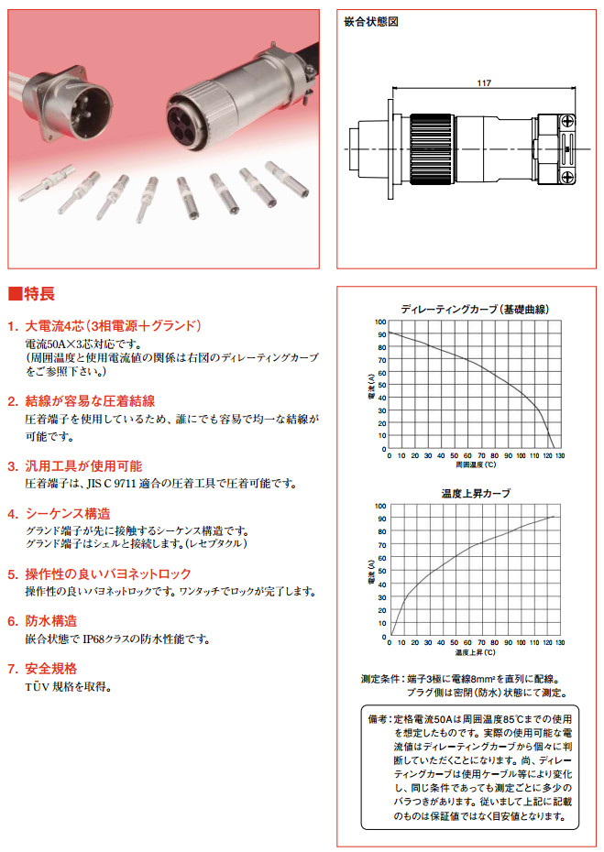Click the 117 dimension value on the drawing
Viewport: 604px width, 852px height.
pos(484,82)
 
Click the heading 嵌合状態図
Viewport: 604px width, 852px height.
pos(370,21)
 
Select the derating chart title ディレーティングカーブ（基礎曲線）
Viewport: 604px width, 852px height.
pos(475,309)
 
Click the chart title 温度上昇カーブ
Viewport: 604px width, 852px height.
pos(476,493)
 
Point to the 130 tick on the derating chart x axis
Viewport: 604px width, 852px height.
pos(559,455)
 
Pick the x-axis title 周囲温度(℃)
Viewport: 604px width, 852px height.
pos(475,464)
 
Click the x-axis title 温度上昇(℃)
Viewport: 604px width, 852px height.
pos(475,653)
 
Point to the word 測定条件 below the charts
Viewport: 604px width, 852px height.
pos(383,680)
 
